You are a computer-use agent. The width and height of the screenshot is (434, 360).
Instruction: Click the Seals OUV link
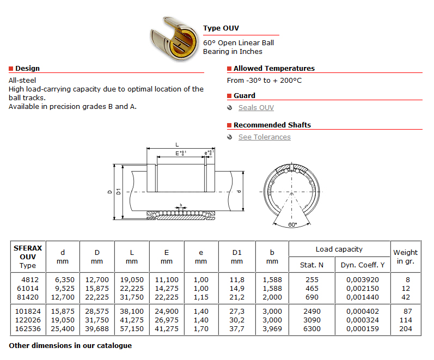coord(256,108)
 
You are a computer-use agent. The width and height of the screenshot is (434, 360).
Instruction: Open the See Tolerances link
coord(264,137)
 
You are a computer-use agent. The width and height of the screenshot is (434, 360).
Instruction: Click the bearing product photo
coord(173,39)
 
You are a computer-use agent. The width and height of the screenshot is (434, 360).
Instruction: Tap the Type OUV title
coord(221,28)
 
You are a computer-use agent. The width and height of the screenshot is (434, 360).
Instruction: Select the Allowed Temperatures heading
coord(274,69)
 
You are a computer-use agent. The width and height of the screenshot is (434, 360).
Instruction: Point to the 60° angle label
coord(292,224)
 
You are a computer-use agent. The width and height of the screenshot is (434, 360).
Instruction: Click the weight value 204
coord(406,329)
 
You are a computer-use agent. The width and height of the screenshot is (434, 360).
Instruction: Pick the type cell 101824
coord(27,312)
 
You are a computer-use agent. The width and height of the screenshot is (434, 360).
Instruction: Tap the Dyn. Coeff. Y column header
coord(363,265)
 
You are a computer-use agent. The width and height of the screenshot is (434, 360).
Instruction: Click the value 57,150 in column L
coord(132,329)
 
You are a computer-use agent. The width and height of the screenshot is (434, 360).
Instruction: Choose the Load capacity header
coord(339,249)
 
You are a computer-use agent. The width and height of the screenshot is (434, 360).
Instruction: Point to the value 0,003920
coord(363,279)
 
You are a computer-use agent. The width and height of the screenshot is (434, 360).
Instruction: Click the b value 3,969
coord(272,329)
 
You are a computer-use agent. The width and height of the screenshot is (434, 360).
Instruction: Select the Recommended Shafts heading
coord(272,125)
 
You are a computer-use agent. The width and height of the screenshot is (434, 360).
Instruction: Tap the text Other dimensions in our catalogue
coord(70,345)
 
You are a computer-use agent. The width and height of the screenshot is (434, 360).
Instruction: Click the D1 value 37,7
coord(236,329)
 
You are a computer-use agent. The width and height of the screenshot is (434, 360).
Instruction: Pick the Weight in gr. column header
coord(406,257)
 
